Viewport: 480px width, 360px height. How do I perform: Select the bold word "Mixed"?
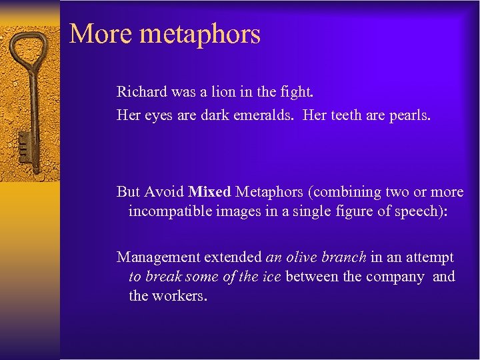209,192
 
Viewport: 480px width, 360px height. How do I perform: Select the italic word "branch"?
344,257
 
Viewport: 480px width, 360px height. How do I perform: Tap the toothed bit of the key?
24,143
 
